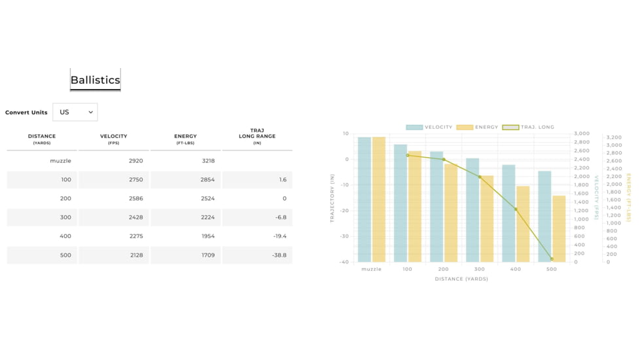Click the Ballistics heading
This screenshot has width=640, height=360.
96,80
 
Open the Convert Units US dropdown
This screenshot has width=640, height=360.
75,112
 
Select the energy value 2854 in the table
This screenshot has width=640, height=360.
207,179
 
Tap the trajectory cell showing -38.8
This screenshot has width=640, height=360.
279,255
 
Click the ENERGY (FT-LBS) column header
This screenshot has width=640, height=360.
185,139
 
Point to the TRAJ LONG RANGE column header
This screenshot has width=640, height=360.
257,136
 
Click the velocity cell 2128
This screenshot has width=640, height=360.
135,255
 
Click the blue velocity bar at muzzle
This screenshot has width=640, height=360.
364,200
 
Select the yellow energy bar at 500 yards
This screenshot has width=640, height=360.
559,229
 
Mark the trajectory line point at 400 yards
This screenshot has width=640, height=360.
516,209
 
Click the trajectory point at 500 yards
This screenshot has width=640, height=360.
552,259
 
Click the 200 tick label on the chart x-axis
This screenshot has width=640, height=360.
443,269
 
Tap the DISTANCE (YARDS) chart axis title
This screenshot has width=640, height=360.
461,279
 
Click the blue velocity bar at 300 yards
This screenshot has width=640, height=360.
472,209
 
